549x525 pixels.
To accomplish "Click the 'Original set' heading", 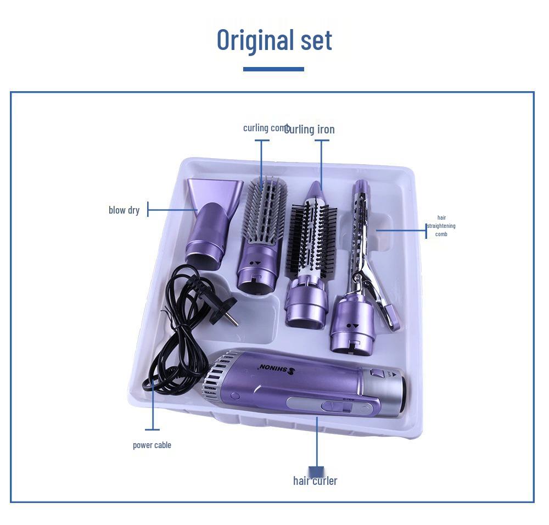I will (x=274, y=40).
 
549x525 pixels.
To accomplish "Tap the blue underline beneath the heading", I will (x=273, y=69).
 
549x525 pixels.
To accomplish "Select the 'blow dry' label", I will (x=124, y=210).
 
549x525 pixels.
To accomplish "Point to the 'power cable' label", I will (x=152, y=445).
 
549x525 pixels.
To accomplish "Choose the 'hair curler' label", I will (x=315, y=481).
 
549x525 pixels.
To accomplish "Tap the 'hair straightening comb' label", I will (x=441, y=226).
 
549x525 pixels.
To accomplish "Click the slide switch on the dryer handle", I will (x=335, y=407).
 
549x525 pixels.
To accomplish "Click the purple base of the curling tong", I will (x=351, y=324).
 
